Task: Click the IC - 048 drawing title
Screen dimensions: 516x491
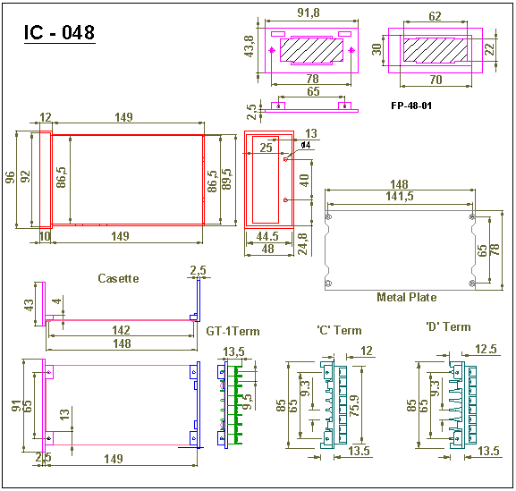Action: pos(60,32)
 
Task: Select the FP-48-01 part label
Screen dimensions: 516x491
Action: pos(411,106)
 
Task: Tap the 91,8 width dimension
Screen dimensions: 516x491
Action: pos(309,13)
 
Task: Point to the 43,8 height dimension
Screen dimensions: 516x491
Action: pos(250,47)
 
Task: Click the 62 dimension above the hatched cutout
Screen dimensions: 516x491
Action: pos(435,16)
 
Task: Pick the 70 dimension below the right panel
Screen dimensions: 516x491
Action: pos(436,80)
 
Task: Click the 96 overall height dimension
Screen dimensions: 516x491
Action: pos(10,177)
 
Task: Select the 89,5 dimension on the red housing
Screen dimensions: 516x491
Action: pos(227,180)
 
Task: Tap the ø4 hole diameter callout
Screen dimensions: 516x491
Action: pos(306,145)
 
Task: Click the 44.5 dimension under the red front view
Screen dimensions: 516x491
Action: pos(267,236)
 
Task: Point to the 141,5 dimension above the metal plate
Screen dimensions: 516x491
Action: pos(400,196)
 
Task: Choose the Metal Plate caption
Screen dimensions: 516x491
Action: pos(407,297)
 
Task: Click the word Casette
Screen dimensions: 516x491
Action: pos(118,278)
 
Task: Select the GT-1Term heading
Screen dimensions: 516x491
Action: pos(233,331)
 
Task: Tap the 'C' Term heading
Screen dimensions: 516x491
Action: pos(339,330)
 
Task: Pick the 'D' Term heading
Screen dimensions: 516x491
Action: pos(448,326)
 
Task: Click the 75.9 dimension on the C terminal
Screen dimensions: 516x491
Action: pos(355,405)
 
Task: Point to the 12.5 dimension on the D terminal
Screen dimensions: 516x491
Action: pos(486,349)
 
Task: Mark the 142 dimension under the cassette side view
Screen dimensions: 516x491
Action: pos(121,330)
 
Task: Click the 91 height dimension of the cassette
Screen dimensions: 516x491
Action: pos(16,406)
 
